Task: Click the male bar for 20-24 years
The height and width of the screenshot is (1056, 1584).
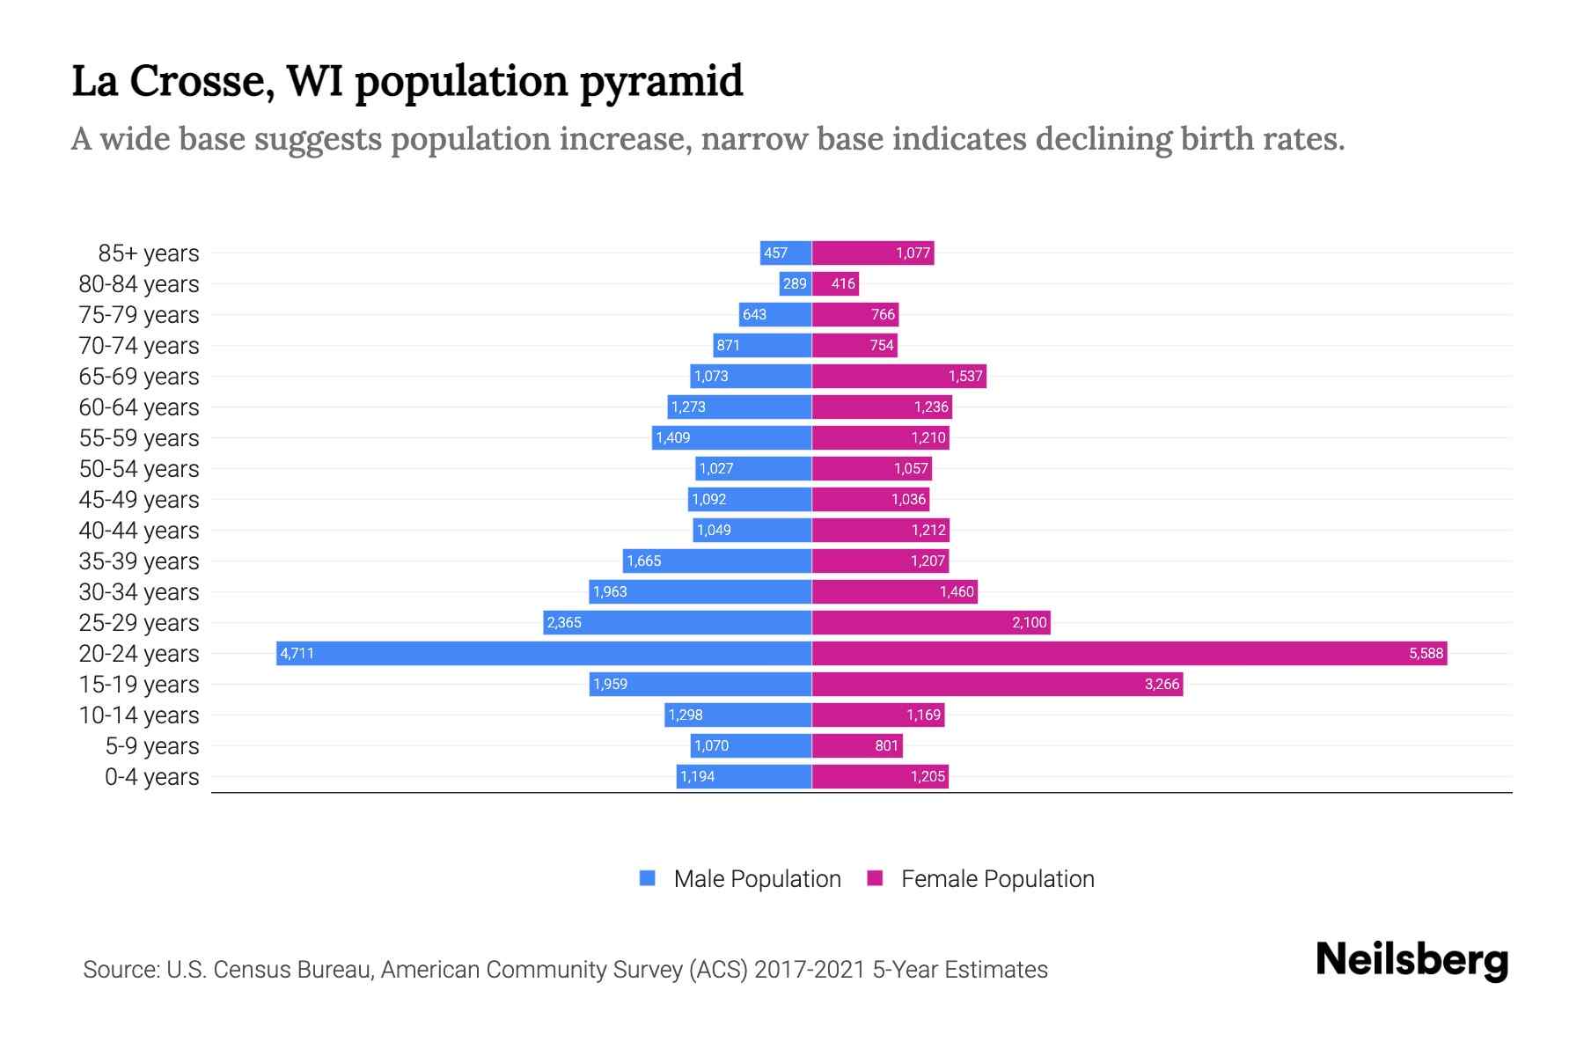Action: (x=544, y=653)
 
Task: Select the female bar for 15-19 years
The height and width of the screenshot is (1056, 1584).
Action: (x=997, y=684)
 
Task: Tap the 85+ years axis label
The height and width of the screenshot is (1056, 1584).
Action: (x=149, y=253)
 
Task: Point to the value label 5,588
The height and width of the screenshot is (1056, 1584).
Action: (x=1426, y=653)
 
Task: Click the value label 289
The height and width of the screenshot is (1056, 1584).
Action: (x=795, y=283)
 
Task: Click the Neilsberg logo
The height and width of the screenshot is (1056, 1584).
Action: (x=1412, y=960)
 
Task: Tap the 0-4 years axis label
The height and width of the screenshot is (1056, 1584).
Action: (x=151, y=777)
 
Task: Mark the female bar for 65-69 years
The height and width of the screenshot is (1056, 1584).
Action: (x=898, y=376)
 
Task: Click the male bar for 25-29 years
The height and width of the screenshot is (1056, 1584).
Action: (x=677, y=622)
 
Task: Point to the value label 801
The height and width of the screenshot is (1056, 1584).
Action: (x=886, y=745)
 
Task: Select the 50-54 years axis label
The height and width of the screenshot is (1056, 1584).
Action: (x=139, y=469)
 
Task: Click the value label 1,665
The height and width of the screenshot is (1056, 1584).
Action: (x=643, y=561)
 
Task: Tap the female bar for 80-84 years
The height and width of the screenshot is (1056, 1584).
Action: (x=834, y=283)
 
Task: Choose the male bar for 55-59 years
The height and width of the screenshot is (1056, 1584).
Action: (x=731, y=437)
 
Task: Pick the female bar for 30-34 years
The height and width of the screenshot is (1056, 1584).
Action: (x=894, y=591)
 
